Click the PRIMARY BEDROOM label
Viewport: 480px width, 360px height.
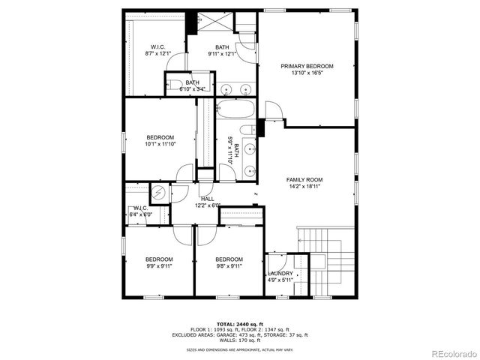(x=307, y=66)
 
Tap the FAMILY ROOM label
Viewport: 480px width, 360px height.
(x=304, y=180)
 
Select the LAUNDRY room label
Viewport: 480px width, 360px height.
(x=280, y=274)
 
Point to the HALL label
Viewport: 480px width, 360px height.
(x=207, y=199)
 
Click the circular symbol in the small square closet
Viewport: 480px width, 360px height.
(x=160, y=193)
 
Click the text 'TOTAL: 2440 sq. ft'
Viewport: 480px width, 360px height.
(x=239, y=324)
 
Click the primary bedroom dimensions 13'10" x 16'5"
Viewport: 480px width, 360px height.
(x=307, y=73)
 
